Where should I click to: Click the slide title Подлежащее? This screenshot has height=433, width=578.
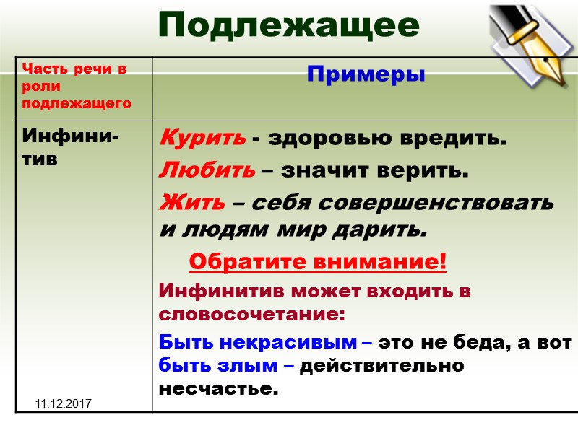[x=288, y=26]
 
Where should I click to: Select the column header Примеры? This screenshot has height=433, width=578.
[x=366, y=74]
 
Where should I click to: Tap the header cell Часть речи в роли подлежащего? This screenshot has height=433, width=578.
[x=76, y=86]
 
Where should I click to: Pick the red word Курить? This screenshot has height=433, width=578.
[x=202, y=138]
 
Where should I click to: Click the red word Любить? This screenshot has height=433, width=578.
[x=207, y=171]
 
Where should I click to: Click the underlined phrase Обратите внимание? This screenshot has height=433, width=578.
[x=318, y=261]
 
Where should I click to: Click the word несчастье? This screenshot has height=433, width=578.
[x=217, y=390]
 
